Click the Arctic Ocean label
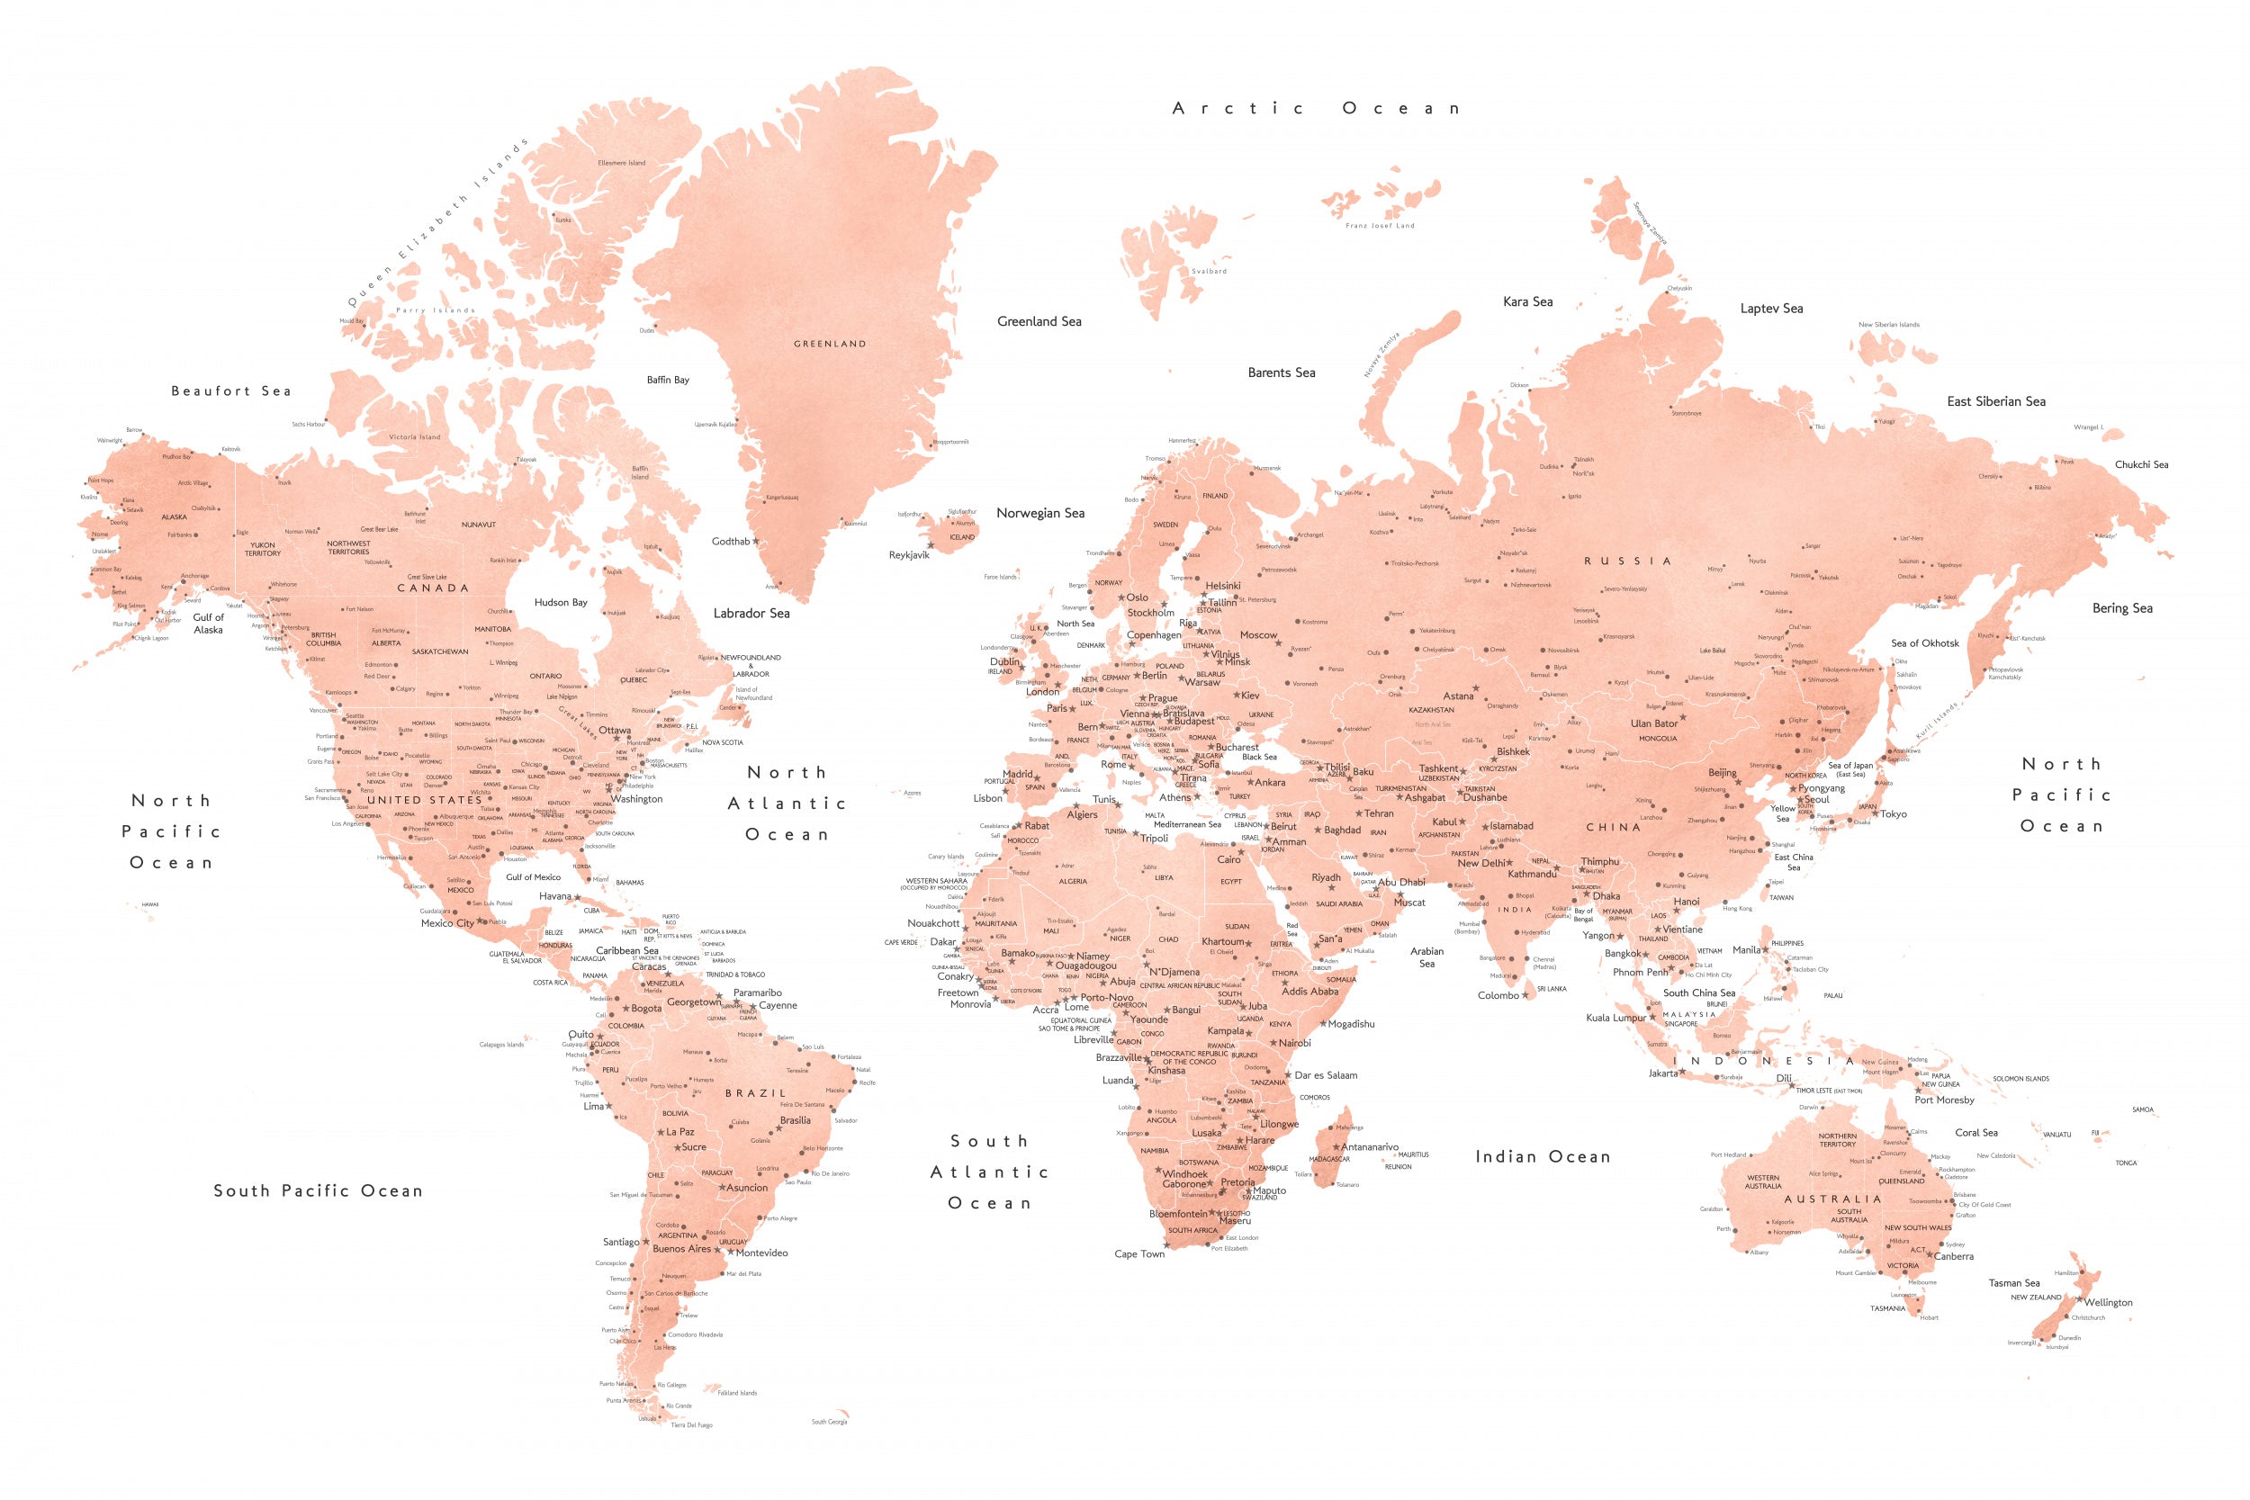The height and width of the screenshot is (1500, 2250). coord(1316,109)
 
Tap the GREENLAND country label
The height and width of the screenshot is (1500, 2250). coord(830,344)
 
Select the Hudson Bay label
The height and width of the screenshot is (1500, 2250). coord(561,603)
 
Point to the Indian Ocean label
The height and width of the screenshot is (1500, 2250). coord(1542,1156)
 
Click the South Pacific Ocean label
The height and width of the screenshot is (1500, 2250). coord(318,1191)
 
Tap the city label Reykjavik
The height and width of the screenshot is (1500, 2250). coord(909,555)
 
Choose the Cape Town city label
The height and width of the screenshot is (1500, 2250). coord(1139,1254)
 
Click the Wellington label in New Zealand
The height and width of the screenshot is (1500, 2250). coord(2108,1302)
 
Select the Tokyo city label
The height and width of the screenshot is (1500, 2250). coord(1894,814)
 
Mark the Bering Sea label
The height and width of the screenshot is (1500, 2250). coord(2122,608)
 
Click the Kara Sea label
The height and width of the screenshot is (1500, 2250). coord(1527,301)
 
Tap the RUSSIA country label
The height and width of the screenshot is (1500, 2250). coord(1627,561)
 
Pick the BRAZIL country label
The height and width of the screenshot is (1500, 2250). coord(755,1092)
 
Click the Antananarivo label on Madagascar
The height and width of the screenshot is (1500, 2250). coord(1369,1147)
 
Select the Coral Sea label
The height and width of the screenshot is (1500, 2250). coord(1975,1133)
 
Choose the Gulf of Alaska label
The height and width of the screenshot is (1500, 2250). coord(208,624)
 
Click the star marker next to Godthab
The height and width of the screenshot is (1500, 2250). coord(756,542)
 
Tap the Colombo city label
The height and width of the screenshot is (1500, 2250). coord(1498,996)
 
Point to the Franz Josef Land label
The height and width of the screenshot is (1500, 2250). coord(1380,226)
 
